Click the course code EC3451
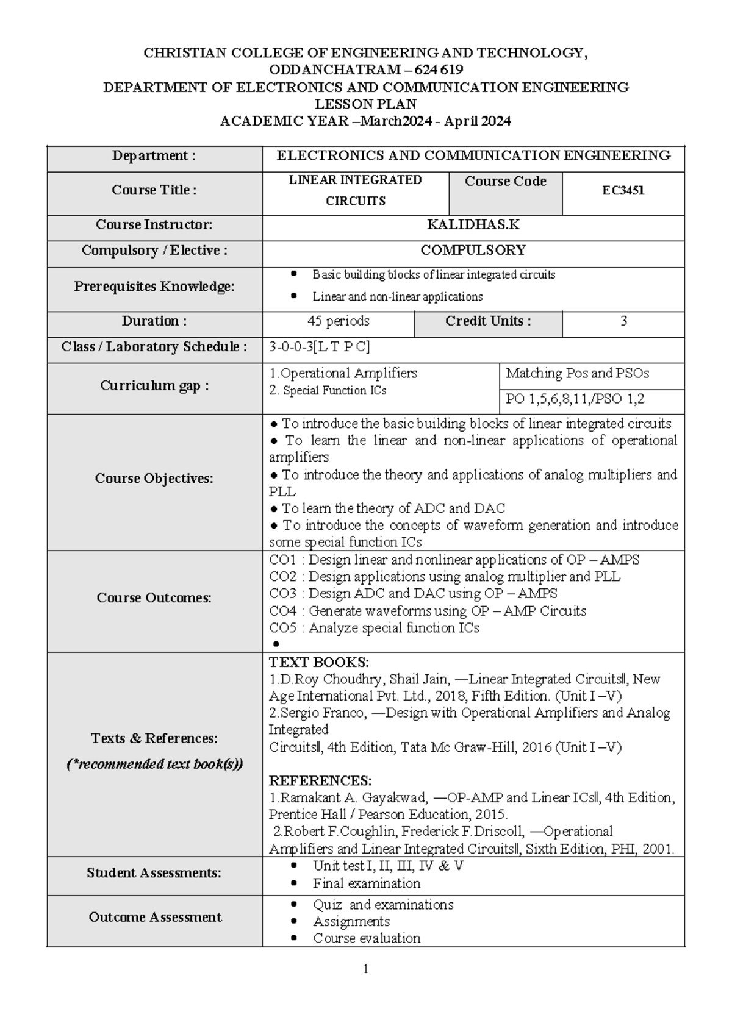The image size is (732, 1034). [x=623, y=190]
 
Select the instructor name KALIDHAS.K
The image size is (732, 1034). [x=473, y=225]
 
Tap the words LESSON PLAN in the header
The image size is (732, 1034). [x=365, y=104]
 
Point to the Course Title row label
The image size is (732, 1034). [x=154, y=190]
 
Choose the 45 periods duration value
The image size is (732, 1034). [x=338, y=321]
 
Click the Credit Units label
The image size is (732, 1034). [x=488, y=321]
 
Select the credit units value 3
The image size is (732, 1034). [x=623, y=321]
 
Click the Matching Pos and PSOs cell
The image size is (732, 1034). [x=577, y=373]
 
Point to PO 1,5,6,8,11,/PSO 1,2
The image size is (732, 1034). [x=575, y=399]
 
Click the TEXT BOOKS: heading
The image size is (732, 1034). [x=318, y=663]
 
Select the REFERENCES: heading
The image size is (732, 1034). [x=320, y=781]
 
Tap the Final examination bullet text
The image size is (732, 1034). [x=367, y=883]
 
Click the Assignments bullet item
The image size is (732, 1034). [x=351, y=921]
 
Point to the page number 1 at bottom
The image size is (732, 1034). [x=365, y=969]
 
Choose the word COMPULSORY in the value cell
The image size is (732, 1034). [x=473, y=251]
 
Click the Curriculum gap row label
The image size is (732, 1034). [x=154, y=386]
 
